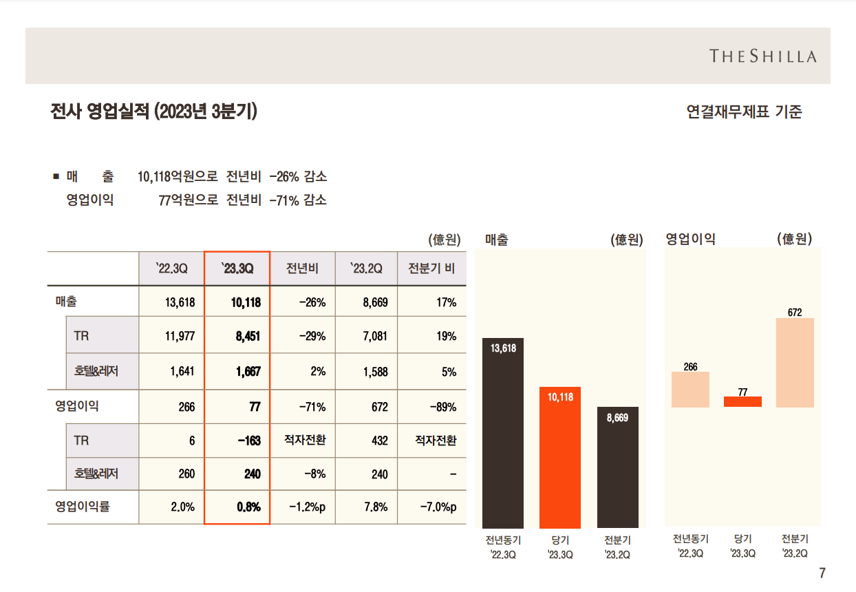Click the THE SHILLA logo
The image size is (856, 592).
pos(763,56)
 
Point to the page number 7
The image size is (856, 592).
pos(822,573)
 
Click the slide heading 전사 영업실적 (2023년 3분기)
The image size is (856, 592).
pos(154,112)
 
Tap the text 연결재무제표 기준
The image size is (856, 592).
pos(744,112)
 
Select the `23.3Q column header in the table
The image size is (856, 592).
pos(237,268)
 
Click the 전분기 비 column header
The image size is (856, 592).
pos(431,268)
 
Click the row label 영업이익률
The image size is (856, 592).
pos(83,507)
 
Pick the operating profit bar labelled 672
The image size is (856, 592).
pos(795,363)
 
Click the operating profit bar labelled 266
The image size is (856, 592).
pos(690,390)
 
